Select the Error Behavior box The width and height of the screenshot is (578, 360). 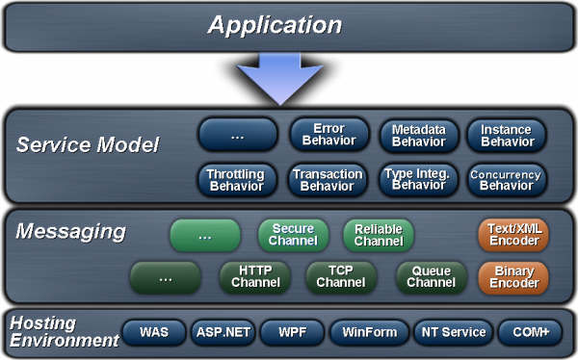tap(328, 135)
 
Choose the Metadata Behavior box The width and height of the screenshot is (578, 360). tap(417, 136)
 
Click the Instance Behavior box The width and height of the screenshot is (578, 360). tap(507, 136)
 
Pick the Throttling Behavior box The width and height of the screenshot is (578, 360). tap(236, 179)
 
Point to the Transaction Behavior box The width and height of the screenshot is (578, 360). tap(328, 179)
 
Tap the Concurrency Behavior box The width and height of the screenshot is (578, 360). tap(507, 179)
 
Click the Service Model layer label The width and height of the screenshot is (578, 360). tap(88, 145)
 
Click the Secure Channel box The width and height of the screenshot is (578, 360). tap(293, 235)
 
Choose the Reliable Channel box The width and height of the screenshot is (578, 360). tap(379, 235)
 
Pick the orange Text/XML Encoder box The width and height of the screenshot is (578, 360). tap(513, 235)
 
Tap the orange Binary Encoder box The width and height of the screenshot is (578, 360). tap(513, 277)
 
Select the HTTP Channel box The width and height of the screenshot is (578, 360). tap(255, 277)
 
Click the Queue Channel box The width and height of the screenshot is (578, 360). tap(431, 277)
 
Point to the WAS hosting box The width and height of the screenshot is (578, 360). tap(154, 332)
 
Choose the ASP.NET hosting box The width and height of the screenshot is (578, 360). tap(223, 332)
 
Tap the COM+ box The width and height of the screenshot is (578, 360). tap(529, 332)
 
